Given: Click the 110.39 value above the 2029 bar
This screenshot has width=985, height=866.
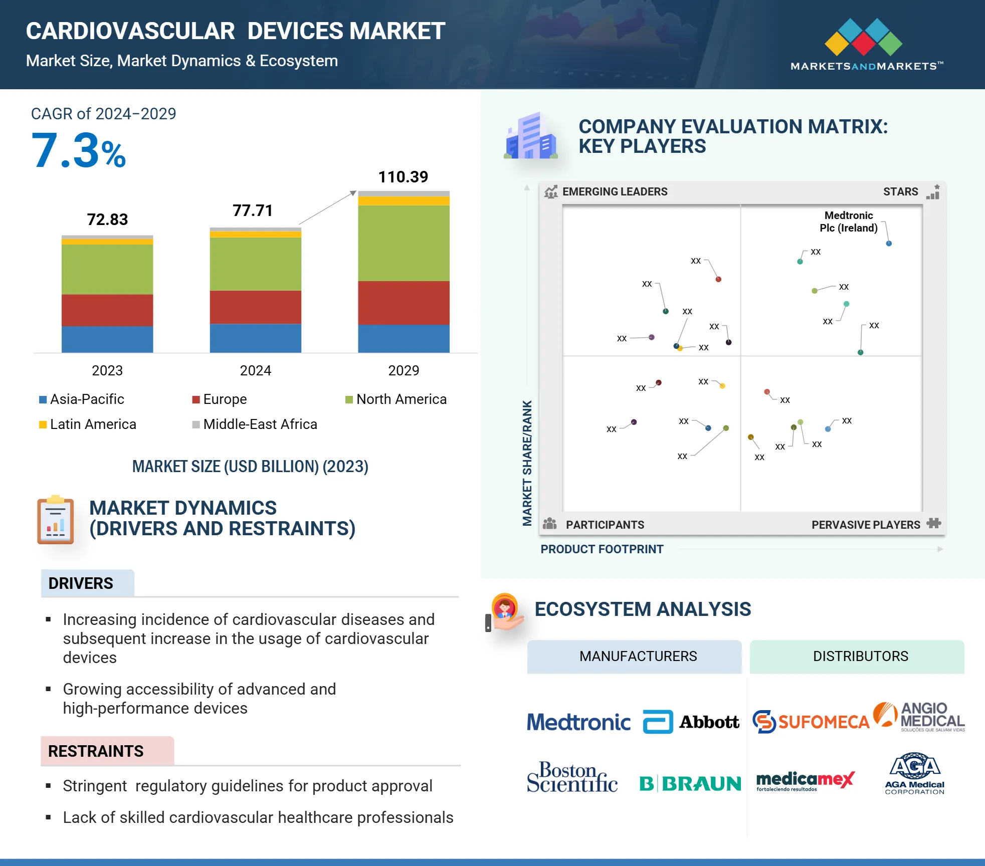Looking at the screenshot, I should pyautogui.click(x=403, y=177).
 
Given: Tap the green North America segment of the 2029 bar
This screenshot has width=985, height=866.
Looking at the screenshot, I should pyautogui.click(x=404, y=243).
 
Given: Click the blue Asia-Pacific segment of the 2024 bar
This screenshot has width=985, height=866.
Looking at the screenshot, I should pyautogui.click(x=255, y=338).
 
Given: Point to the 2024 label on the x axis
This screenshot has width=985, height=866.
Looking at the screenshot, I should pyautogui.click(x=255, y=370).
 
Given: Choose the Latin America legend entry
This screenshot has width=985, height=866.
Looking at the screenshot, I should pyautogui.click(x=88, y=424).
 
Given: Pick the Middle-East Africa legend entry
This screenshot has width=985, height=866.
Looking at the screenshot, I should pyautogui.click(x=255, y=424).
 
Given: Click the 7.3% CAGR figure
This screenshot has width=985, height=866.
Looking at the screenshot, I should pyautogui.click(x=79, y=151).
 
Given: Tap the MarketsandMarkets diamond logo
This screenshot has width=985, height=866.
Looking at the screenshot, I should pyautogui.click(x=863, y=37).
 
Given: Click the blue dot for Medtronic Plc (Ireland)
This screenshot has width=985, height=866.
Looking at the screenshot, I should pyautogui.click(x=889, y=244).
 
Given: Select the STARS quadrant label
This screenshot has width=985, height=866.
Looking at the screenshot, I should pyautogui.click(x=900, y=191).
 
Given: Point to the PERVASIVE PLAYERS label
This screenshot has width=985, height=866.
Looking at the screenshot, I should pyautogui.click(x=866, y=525).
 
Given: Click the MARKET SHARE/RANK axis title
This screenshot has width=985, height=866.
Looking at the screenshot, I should pyautogui.click(x=527, y=463).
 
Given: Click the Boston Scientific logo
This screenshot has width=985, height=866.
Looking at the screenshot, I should pyautogui.click(x=572, y=778).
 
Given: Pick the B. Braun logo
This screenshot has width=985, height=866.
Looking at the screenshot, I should pyautogui.click(x=690, y=783).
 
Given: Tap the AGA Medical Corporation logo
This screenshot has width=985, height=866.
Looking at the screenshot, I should pyautogui.click(x=914, y=773).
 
